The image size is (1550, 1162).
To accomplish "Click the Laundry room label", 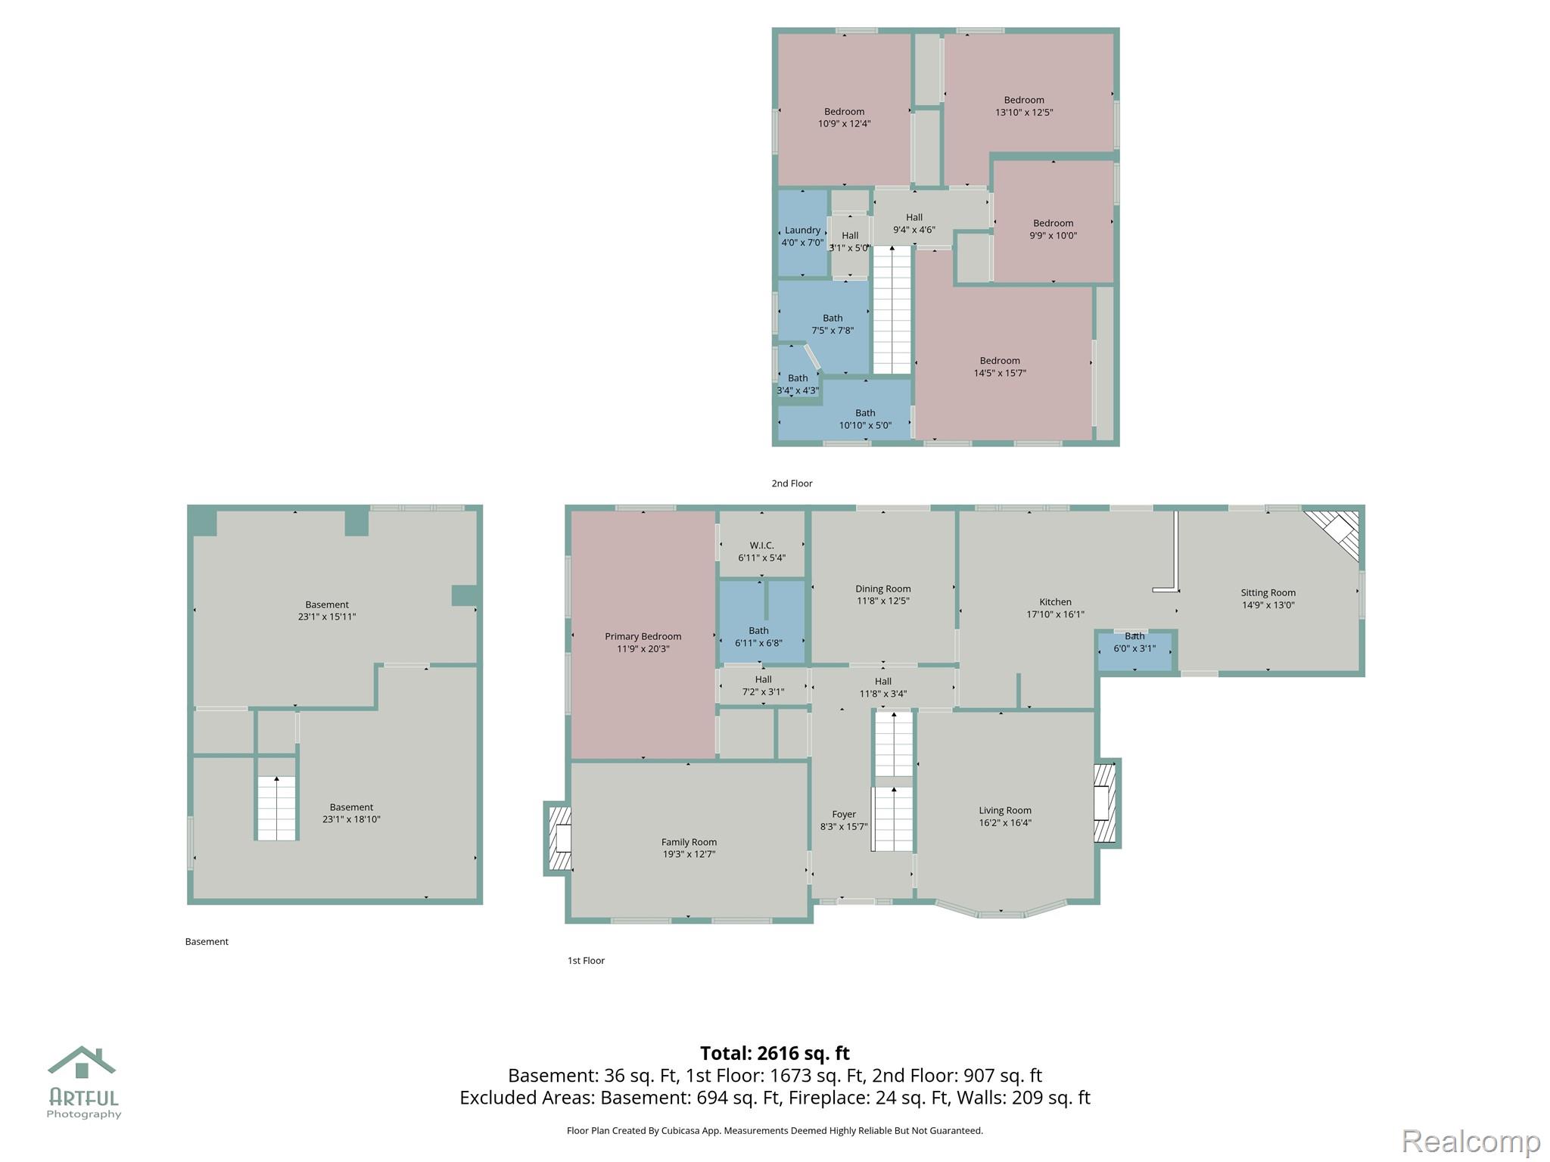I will click(802, 231).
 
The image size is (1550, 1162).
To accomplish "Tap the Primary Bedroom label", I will click(643, 636).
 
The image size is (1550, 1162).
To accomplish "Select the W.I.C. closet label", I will click(761, 545).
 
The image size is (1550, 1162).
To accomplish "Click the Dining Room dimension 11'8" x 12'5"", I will click(882, 601).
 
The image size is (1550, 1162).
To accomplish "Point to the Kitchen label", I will click(1055, 602).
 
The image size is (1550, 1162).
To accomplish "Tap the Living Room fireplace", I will click(1106, 803).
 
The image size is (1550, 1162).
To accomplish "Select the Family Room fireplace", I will click(559, 839).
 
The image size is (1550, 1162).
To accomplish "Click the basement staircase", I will click(276, 808).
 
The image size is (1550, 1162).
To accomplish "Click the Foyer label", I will click(844, 815).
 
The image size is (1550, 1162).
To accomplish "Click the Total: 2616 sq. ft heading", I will click(774, 1053).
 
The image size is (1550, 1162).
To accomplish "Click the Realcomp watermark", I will click(1471, 1141).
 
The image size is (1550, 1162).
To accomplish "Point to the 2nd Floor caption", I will click(792, 483).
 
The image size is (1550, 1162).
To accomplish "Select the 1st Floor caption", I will click(586, 961).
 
